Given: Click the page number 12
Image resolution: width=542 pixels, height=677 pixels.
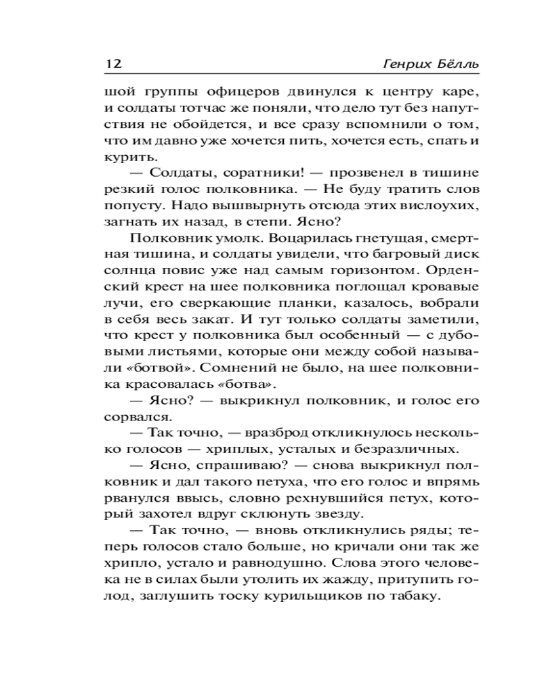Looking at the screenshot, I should [x=113, y=64].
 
